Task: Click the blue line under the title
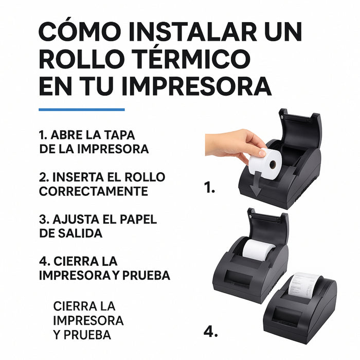[x=82, y=109]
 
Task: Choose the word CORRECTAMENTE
[x=94, y=191]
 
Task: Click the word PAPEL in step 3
[x=139, y=219]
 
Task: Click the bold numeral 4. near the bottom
[x=211, y=332]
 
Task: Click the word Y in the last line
[x=57, y=335]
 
